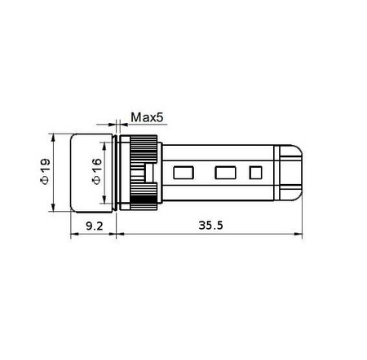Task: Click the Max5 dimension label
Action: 147,117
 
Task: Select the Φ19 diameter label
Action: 45,171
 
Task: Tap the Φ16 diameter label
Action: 97,171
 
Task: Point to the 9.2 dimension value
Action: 95,226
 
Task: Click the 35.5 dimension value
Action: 210,226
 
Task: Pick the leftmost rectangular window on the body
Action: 183,173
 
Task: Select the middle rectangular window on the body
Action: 225,173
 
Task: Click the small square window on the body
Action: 255,173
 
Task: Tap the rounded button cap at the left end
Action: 91,173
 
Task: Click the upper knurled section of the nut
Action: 144,149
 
